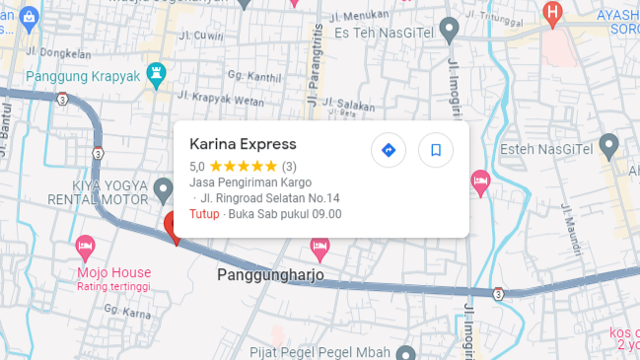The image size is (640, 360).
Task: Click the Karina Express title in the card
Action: tap(243, 144)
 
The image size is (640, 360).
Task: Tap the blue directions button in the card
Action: tap(389, 150)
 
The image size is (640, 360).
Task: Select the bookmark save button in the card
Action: tap(435, 150)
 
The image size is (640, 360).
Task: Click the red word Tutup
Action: tap(204, 214)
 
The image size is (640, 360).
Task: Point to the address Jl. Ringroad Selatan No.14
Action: tap(269, 198)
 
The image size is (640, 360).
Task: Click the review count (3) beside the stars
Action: tap(289, 167)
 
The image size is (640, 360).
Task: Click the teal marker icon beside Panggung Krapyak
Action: tap(155, 73)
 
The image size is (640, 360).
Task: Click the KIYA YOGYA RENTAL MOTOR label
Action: tap(108, 193)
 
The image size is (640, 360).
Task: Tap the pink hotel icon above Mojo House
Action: tap(86, 244)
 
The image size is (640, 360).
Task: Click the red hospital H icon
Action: tap(552, 13)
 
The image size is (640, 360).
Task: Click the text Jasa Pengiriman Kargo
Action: tap(250, 182)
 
